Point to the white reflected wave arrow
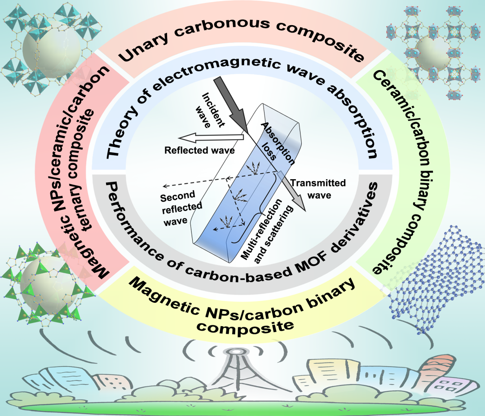[x=211, y=137]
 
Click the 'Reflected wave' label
[x=199, y=150]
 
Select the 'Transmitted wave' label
[x=318, y=189]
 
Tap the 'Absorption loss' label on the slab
[x=277, y=142]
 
